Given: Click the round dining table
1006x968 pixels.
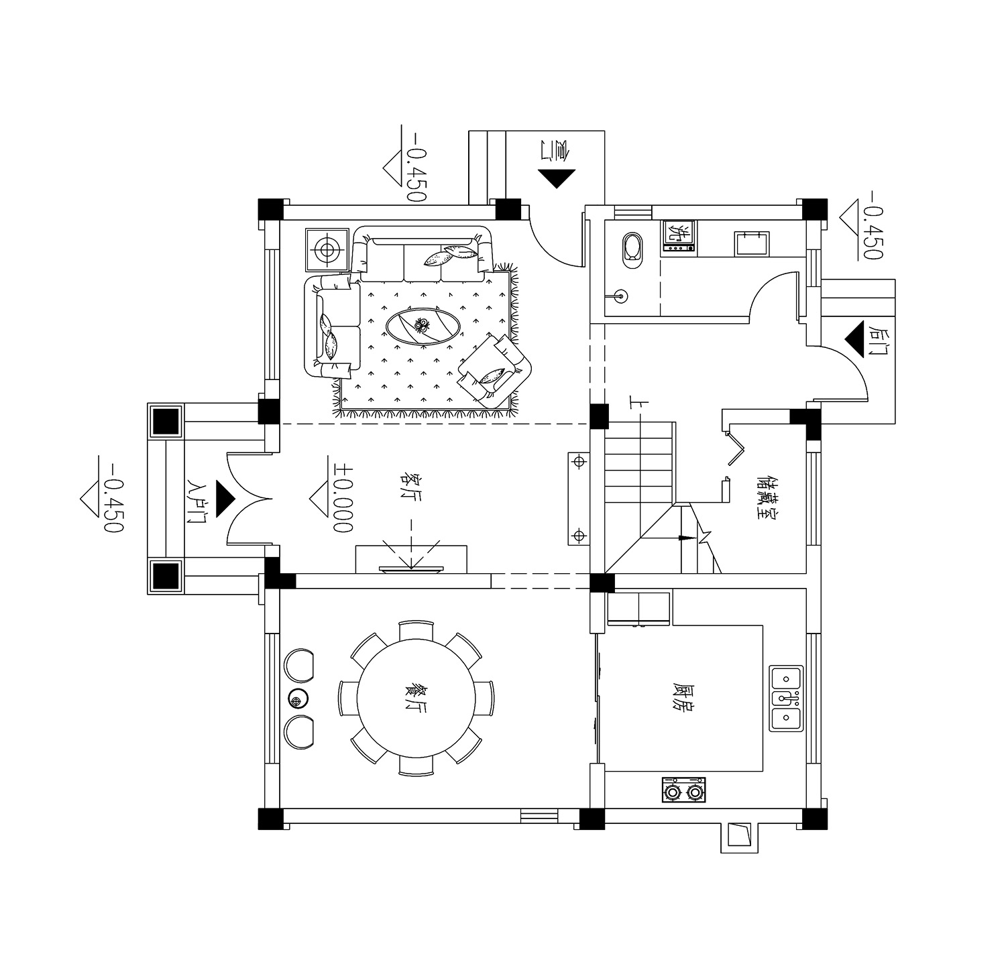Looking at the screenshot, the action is click(x=416, y=699).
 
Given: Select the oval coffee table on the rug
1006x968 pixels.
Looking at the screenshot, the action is click(x=423, y=326).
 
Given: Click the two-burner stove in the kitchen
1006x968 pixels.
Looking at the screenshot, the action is click(x=684, y=790).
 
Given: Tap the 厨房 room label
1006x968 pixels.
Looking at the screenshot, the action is click(x=682, y=699).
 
